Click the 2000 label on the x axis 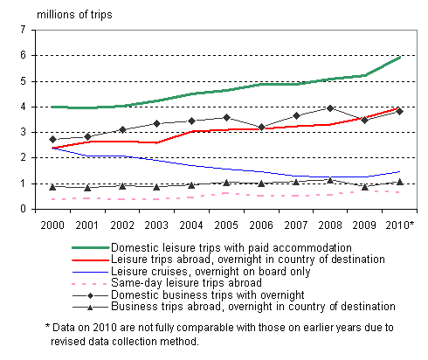pos(52,224)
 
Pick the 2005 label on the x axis pos(225,224)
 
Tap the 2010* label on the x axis pos(400,224)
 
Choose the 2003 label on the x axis pos(156,224)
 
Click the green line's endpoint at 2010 pos(399,57)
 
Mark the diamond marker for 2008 pos(330,108)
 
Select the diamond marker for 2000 pos(52,139)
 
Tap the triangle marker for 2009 pos(365,187)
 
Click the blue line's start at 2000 pos(52,148)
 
